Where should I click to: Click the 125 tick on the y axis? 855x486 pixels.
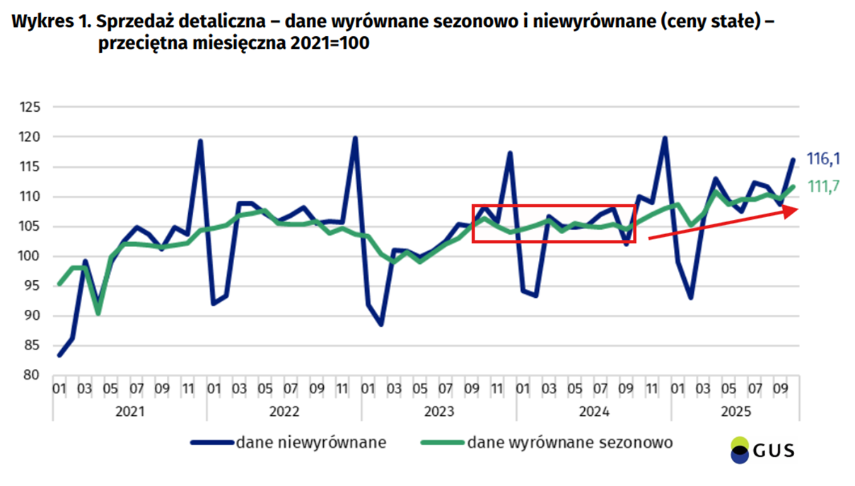[x=33, y=108]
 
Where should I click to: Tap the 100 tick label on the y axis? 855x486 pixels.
[x=33, y=256]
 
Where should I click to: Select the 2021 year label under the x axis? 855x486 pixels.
[x=129, y=412]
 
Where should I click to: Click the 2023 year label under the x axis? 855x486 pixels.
[x=438, y=412]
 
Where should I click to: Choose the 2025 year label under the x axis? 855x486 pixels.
[x=735, y=412]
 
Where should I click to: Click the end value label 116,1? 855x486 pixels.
[x=823, y=158]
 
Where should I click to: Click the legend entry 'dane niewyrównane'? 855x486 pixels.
[x=311, y=443]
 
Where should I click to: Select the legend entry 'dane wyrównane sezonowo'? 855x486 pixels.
[x=569, y=443]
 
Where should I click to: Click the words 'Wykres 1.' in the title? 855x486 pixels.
[x=52, y=22]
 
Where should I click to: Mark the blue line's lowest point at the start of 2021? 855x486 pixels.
[x=59, y=355]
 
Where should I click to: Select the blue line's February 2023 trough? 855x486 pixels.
[x=380, y=324]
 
